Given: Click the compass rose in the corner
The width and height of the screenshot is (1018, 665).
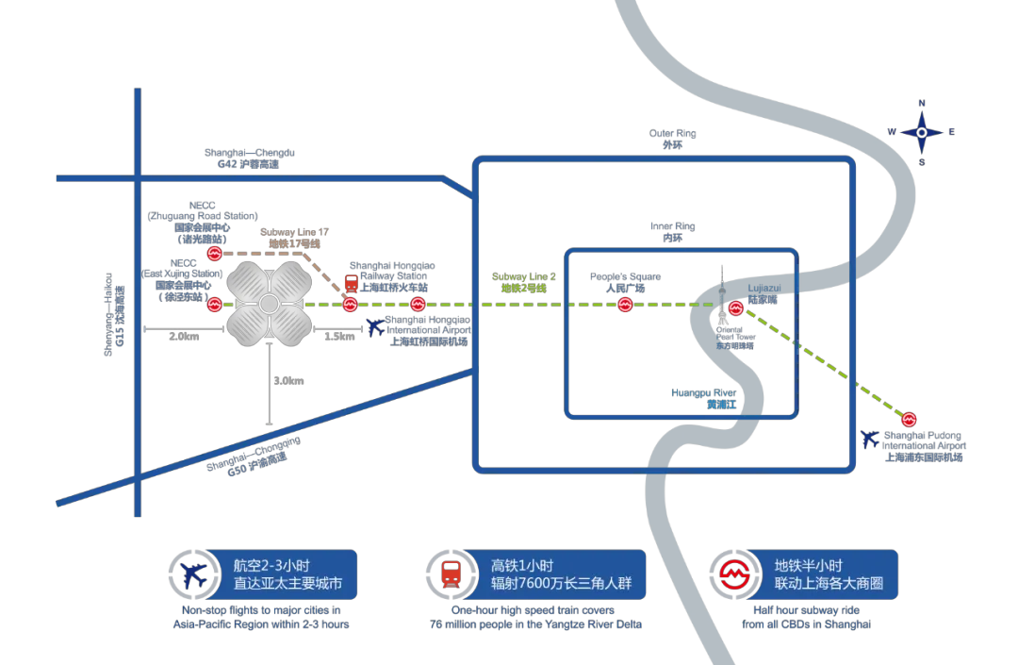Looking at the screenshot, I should click(x=922, y=133).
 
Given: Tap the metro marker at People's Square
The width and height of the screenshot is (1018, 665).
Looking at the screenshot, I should click(x=625, y=304).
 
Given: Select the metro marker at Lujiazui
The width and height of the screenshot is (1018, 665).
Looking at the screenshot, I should click(x=736, y=308).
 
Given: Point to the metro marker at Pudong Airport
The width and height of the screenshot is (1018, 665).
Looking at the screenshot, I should click(x=910, y=419).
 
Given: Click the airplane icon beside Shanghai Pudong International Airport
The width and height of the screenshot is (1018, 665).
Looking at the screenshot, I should click(x=870, y=440).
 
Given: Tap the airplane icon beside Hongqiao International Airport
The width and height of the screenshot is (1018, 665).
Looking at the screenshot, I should click(x=376, y=327).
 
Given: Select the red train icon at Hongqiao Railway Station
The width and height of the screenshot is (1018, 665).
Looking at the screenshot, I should click(x=351, y=283).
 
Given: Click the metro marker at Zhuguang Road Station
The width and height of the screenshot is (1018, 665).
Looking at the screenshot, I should click(x=215, y=254).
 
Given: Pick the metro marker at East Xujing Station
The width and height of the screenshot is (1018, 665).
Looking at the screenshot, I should click(x=215, y=304).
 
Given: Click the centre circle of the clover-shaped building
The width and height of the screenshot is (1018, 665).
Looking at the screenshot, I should click(x=270, y=304).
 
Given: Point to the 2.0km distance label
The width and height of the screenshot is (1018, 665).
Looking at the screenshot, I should click(x=184, y=337).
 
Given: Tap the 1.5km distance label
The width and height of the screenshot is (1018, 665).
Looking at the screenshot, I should click(x=339, y=337).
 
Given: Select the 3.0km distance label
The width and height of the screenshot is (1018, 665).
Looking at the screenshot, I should click(x=288, y=381).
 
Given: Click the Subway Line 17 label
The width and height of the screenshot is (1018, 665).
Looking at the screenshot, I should click(x=294, y=238).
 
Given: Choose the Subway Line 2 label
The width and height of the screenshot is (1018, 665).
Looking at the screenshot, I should click(x=523, y=282).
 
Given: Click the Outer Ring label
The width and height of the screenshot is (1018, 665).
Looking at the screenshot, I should click(x=672, y=140).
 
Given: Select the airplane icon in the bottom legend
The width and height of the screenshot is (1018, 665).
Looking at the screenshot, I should click(x=195, y=574).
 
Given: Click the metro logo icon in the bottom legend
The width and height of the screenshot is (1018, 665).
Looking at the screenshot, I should click(x=736, y=574).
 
